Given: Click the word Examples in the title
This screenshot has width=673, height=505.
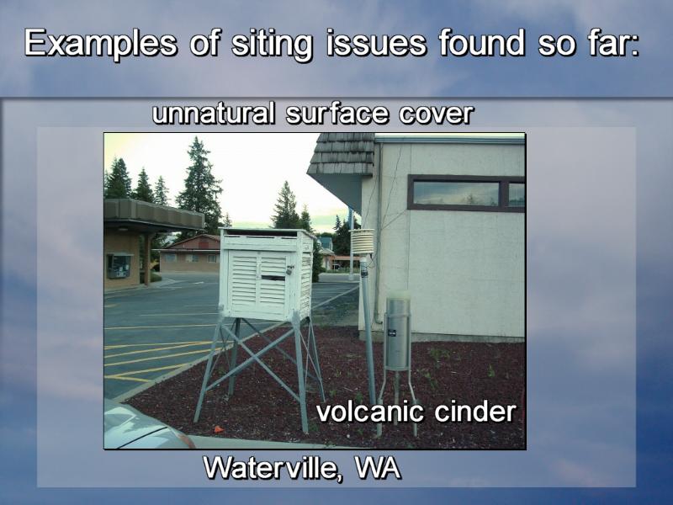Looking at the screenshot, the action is [100, 44].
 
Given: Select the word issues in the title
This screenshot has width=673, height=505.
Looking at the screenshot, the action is [375, 43].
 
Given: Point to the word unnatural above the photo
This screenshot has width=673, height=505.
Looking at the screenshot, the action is [214, 114].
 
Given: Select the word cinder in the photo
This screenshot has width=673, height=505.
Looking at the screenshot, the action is [474, 412].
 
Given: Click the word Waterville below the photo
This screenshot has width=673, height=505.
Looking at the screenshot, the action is [270, 468].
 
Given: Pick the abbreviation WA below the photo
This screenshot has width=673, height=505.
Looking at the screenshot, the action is [377, 467].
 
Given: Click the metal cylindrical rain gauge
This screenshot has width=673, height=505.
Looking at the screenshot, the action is [397, 332].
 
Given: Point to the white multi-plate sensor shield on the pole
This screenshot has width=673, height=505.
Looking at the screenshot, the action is [362, 242].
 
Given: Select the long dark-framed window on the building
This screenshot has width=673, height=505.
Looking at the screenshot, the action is [466, 194].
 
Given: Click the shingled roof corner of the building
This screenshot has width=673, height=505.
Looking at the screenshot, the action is [342, 154].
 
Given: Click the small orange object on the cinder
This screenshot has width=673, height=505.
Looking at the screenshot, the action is [218, 428].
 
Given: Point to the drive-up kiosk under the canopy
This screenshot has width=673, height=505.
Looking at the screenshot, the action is [119, 266].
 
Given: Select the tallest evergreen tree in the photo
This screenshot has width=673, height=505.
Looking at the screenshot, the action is [199, 183].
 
